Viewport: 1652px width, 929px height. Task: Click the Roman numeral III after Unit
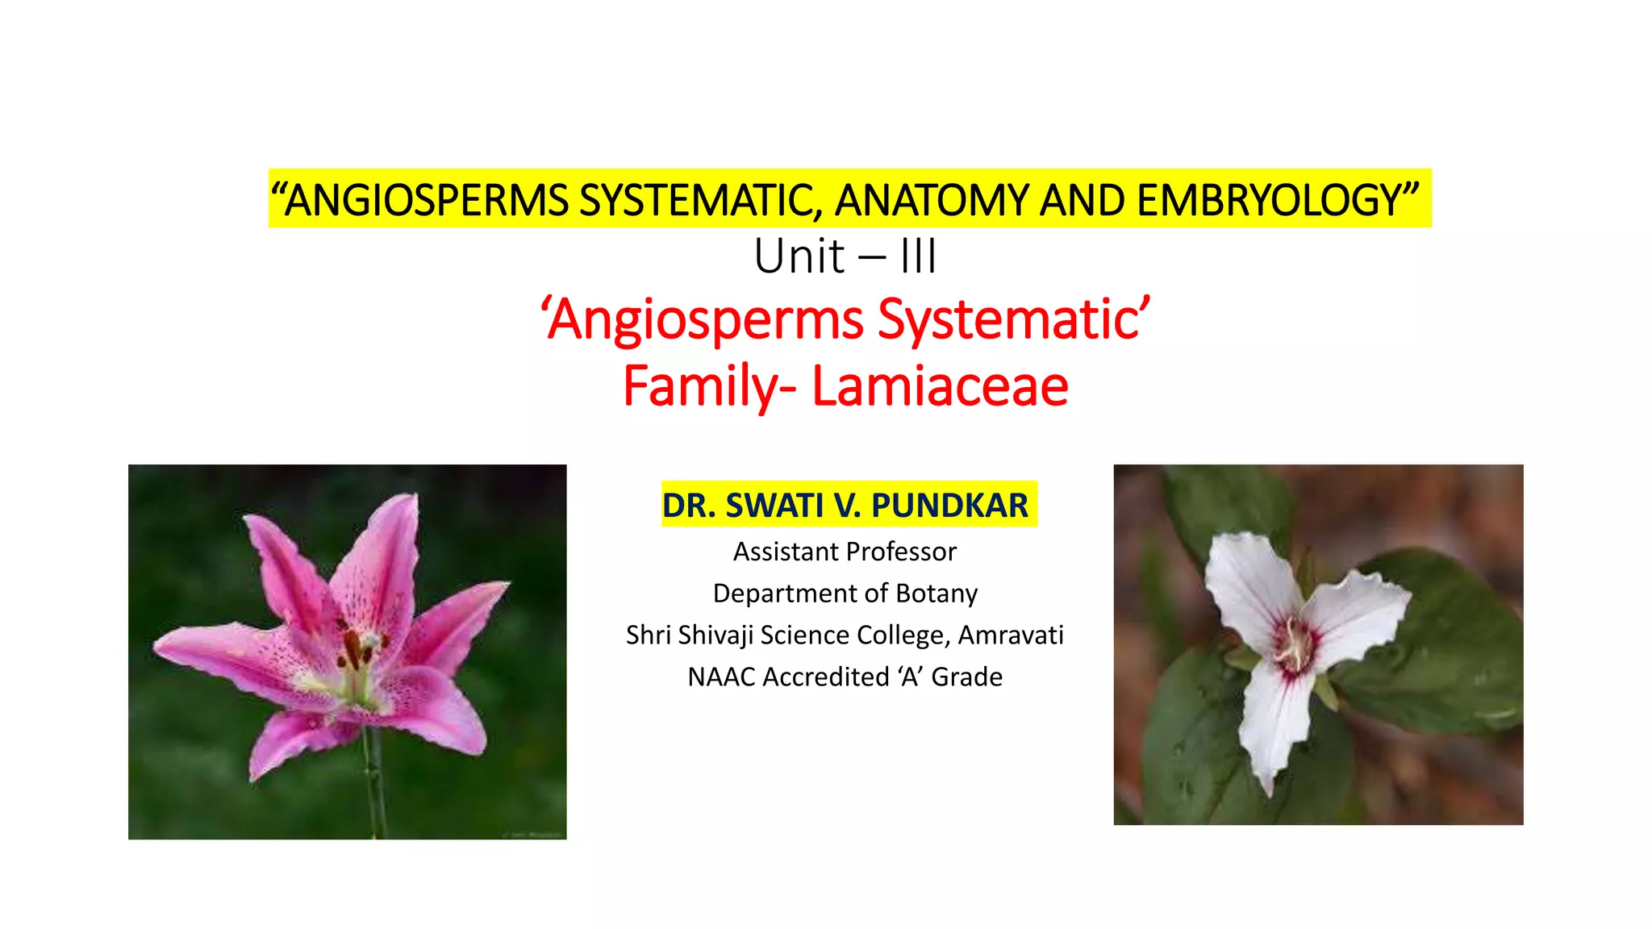click(x=918, y=257)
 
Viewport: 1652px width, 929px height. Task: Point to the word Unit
click(x=799, y=257)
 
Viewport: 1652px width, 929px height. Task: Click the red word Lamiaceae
click(x=940, y=385)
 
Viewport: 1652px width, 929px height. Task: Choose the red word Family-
click(x=709, y=385)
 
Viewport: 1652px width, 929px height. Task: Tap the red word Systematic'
click(x=1014, y=319)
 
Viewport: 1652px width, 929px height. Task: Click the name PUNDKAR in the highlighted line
click(x=949, y=506)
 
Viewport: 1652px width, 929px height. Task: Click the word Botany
click(x=937, y=594)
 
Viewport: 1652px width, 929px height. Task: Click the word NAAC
click(x=721, y=677)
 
